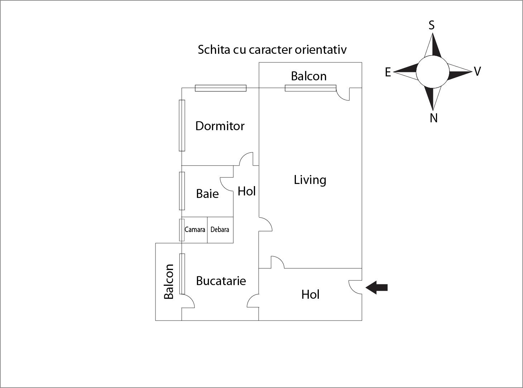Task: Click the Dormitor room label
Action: click(x=220, y=126)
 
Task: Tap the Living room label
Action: click(x=310, y=180)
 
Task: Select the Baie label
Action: click(x=207, y=194)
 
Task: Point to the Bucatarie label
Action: click(x=221, y=281)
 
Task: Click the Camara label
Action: click(x=195, y=230)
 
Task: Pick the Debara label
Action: click(x=220, y=230)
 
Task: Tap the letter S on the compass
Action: click(x=432, y=25)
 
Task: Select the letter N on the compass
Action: click(x=433, y=118)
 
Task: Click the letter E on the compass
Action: click(x=388, y=72)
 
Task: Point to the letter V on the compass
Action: click(x=477, y=71)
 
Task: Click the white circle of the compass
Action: click(x=432, y=72)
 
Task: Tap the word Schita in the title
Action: click(x=214, y=49)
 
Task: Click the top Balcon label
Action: click(x=308, y=76)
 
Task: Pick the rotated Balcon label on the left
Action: click(x=169, y=281)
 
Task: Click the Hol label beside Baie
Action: click(x=246, y=191)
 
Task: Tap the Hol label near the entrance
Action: click(x=310, y=294)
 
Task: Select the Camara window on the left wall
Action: click(x=182, y=230)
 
